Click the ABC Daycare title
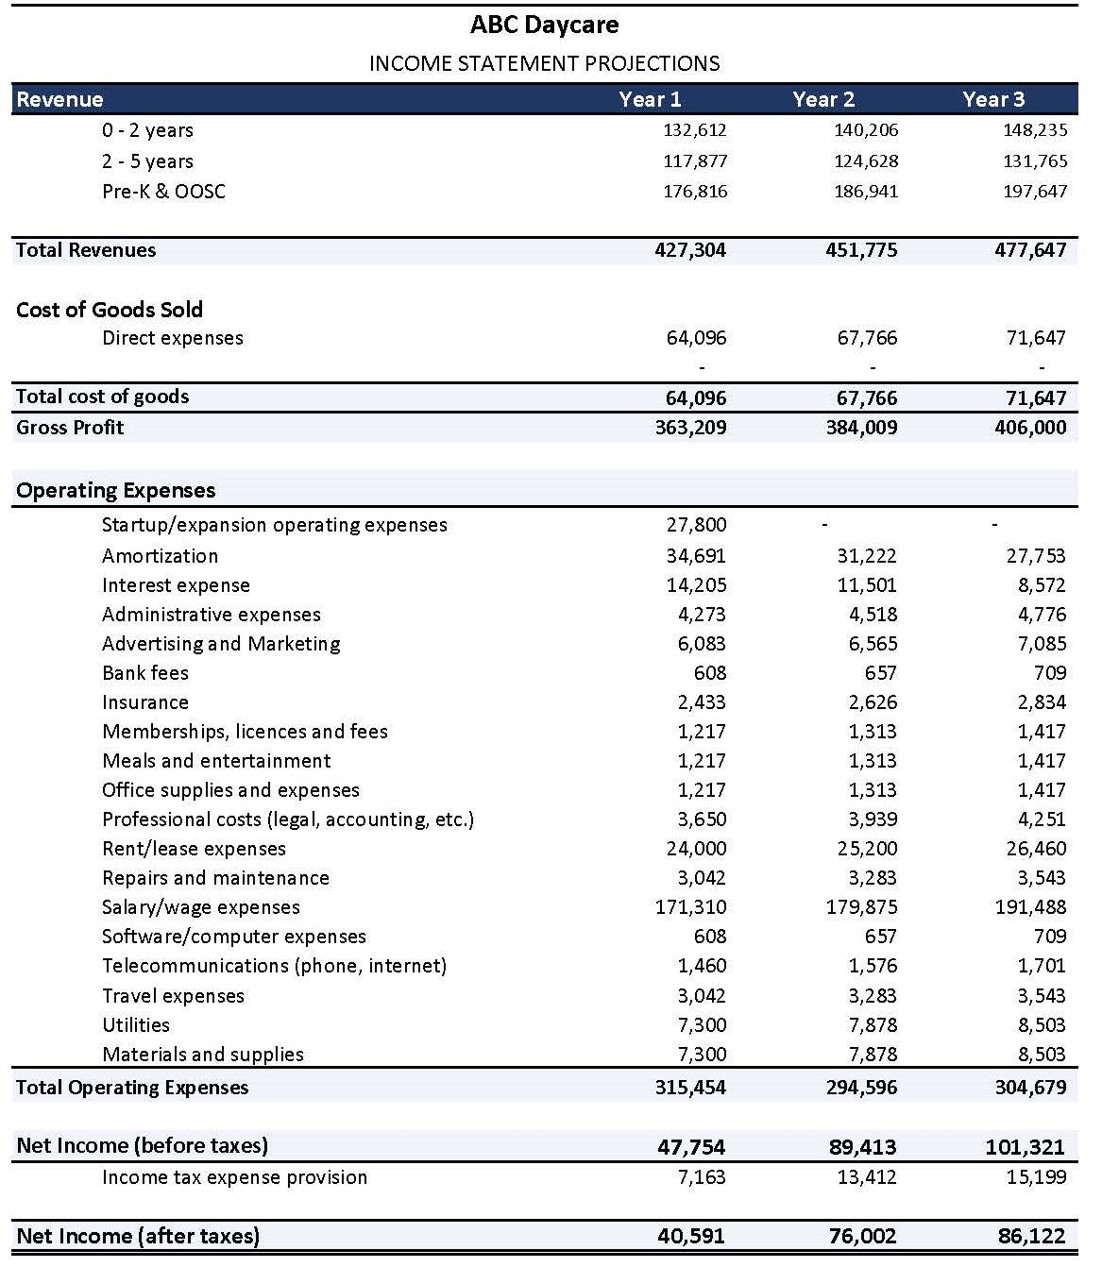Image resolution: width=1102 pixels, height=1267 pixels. tap(545, 25)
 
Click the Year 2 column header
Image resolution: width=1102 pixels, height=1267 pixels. tap(823, 99)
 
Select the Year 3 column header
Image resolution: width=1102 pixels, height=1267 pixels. tap(993, 99)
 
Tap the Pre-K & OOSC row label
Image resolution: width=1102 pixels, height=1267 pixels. tap(163, 192)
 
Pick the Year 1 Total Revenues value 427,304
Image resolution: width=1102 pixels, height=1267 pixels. tap(690, 250)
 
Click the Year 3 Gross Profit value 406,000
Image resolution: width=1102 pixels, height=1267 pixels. tap(1030, 428)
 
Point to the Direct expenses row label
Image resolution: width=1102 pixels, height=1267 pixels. tap(173, 338)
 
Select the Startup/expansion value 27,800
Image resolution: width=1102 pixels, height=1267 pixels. tap(697, 525)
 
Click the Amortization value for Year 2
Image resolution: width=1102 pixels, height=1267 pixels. tap(867, 556)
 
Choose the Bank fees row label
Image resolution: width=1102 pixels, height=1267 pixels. tap(145, 673)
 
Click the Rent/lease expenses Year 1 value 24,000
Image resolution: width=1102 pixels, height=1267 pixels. tap(697, 849)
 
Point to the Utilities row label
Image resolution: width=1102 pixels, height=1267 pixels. tap(136, 1025)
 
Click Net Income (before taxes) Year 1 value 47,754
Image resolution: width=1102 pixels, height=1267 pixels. tap(691, 1147)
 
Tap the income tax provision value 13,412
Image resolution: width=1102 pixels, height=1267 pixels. tap(867, 1177)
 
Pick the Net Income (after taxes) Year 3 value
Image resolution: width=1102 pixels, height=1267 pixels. tap(1031, 1236)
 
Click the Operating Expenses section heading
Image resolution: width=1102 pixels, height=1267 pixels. tap(116, 490)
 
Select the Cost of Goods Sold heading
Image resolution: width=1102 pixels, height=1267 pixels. tap(110, 310)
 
